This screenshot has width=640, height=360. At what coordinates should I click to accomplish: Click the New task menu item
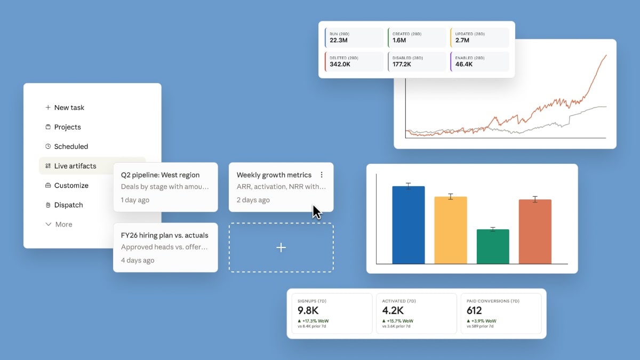(69, 107)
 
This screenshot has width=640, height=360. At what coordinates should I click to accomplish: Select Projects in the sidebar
(67, 127)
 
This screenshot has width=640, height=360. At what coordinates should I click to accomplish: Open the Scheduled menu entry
(70, 146)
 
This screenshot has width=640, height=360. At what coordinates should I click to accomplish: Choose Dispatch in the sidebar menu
(68, 205)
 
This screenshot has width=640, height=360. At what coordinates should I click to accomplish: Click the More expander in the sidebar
(63, 225)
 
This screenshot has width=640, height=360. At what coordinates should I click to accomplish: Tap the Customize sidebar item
(71, 186)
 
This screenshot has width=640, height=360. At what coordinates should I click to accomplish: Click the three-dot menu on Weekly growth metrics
(322, 174)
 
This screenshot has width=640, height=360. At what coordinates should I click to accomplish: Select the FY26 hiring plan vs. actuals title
(164, 235)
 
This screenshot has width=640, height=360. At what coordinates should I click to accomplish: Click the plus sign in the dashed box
(281, 247)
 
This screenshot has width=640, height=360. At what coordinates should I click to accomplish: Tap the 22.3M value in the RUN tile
(339, 40)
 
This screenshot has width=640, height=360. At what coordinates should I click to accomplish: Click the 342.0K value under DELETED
(340, 64)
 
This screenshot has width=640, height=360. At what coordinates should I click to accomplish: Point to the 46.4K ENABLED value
(464, 64)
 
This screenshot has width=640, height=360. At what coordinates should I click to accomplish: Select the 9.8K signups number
(308, 310)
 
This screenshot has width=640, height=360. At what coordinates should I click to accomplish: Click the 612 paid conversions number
(474, 310)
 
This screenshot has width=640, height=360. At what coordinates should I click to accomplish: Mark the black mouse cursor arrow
(317, 212)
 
